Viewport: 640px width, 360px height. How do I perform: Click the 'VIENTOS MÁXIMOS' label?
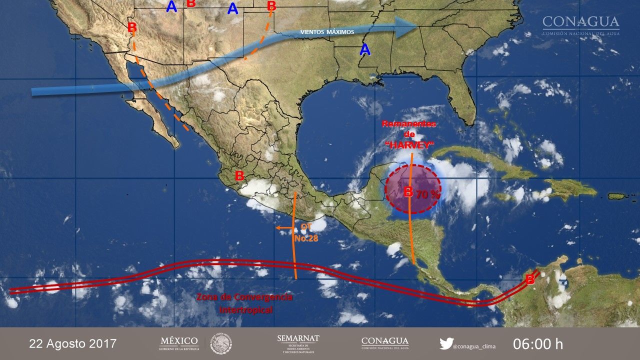coord(327,32)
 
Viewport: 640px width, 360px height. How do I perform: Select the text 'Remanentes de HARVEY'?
coord(409,134)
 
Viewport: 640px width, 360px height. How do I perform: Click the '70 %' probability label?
coord(427,195)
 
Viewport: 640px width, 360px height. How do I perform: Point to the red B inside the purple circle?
coord(408,191)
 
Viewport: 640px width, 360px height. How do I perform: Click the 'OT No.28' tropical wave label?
coord(305,233)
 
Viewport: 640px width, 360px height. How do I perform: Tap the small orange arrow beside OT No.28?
coord(283,228)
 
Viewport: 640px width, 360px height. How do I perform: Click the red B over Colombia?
coord(529,279)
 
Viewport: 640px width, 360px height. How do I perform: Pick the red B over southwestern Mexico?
coord(239,176)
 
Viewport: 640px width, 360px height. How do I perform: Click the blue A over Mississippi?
coord(365,49)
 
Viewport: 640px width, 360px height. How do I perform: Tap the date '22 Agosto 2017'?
coord(73,344)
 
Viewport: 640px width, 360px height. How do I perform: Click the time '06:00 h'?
coord(538,344)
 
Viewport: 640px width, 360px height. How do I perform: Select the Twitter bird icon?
coord(446,344)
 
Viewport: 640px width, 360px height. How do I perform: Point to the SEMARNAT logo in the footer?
coord(298,343)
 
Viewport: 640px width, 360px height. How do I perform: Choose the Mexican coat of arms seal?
coord(220,343)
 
